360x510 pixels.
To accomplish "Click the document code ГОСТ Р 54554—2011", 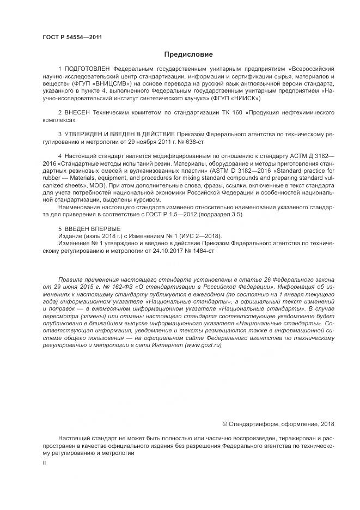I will pos(72,37).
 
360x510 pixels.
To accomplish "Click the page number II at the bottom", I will pos(45,463).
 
